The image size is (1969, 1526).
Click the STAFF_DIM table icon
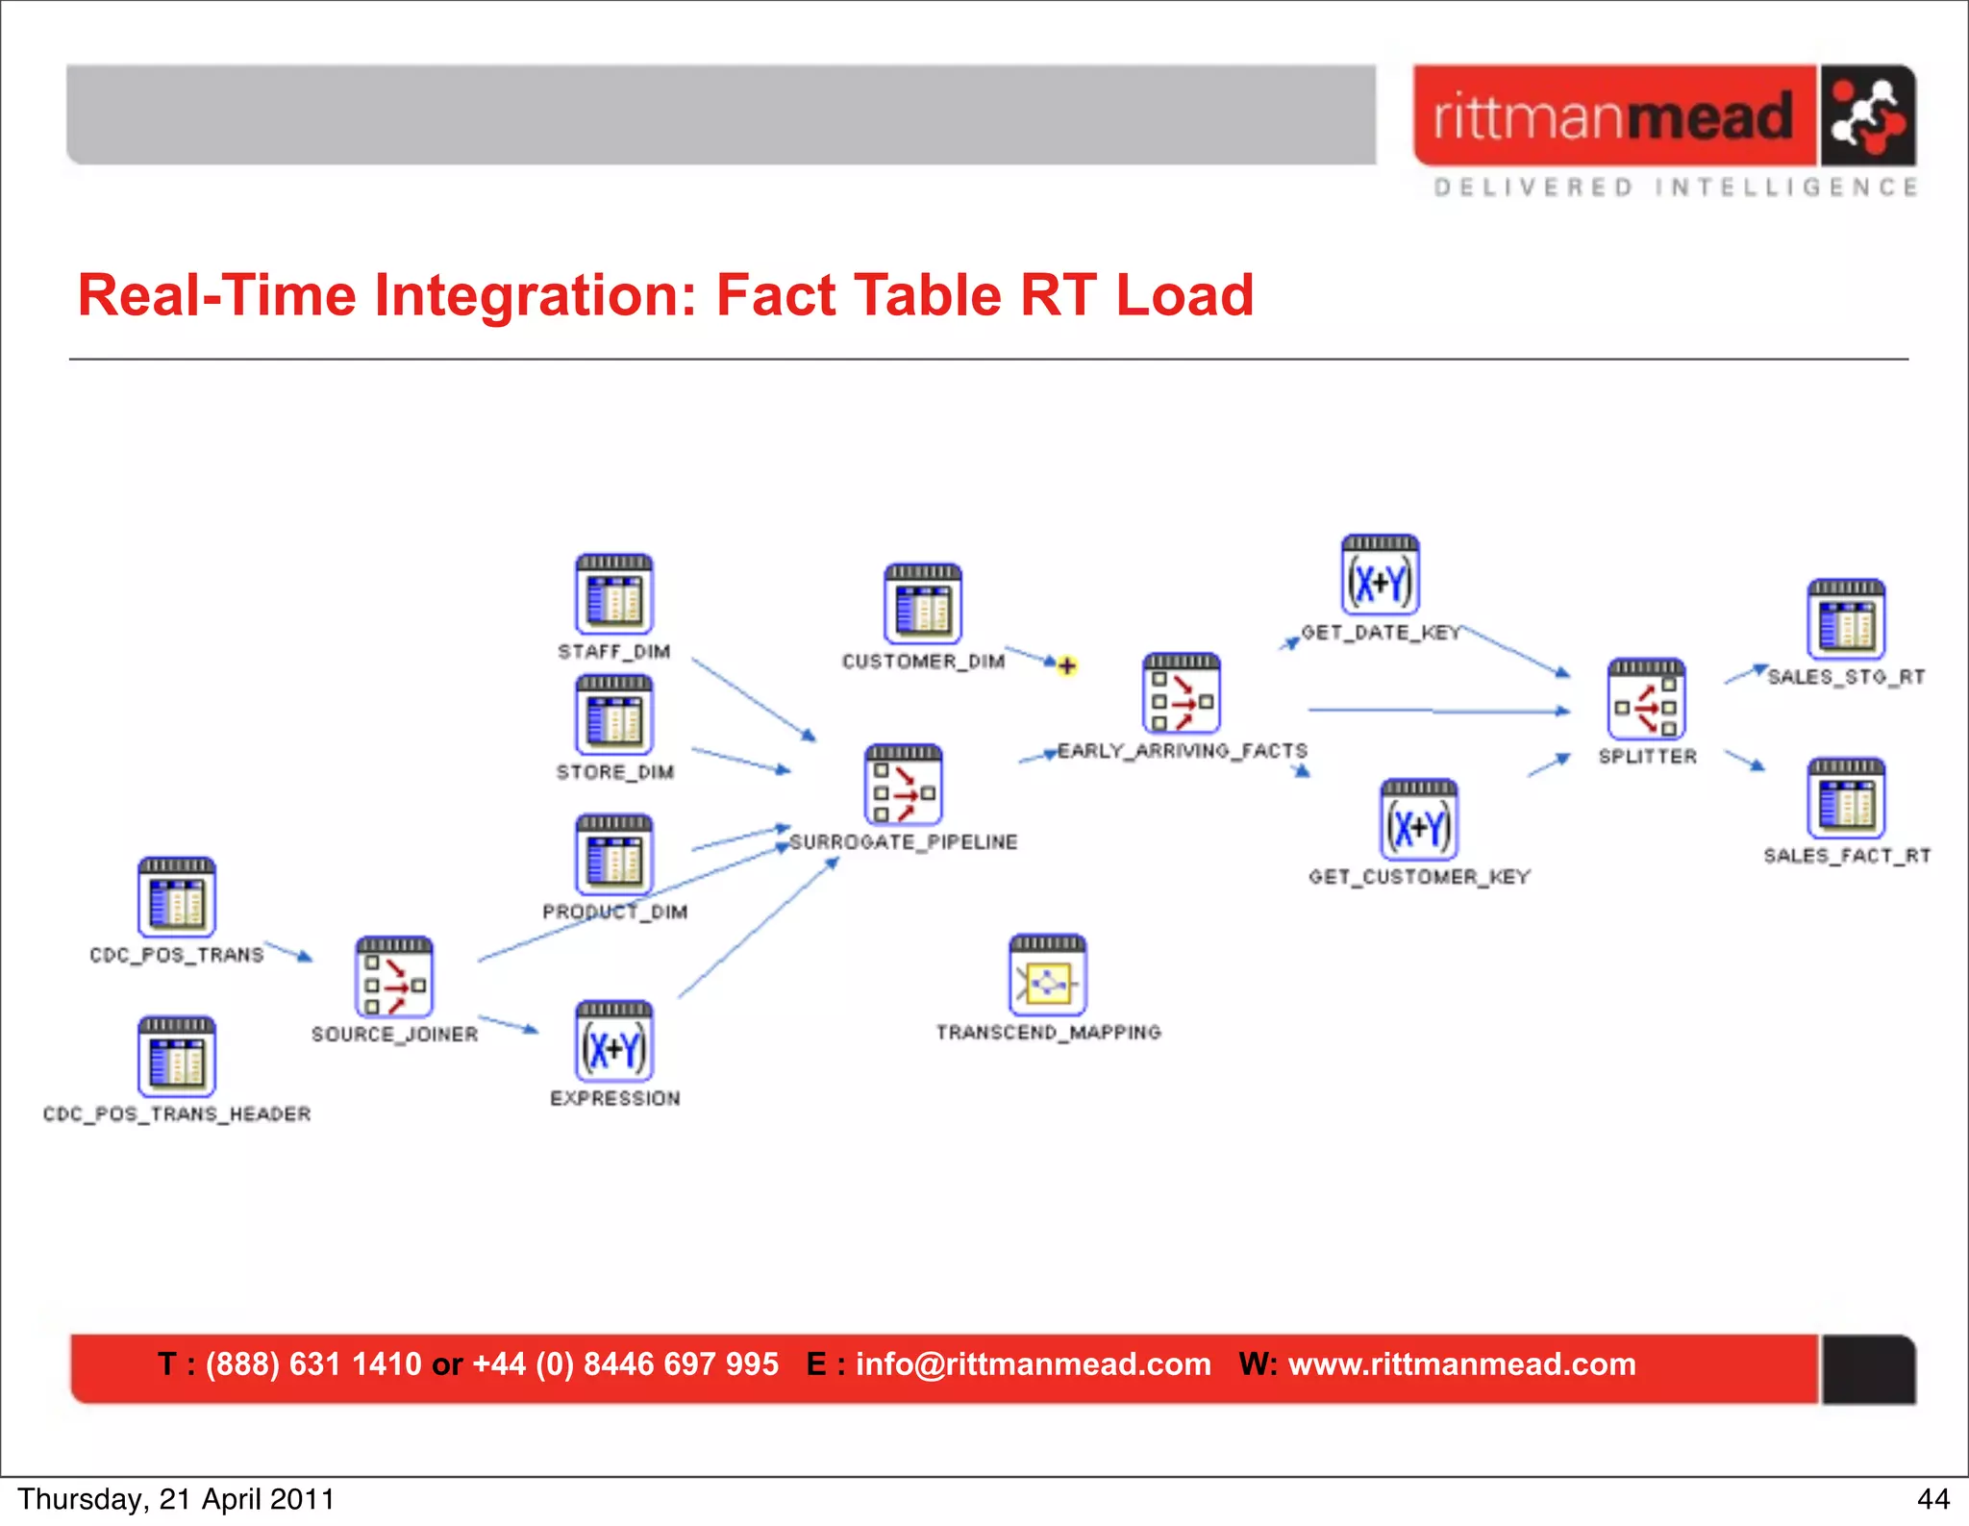click(x=614, y=595)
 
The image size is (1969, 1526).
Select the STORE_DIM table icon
click(x=614, y=715)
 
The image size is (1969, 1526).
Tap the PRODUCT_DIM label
click(x=614, y=912)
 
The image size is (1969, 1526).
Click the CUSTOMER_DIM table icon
click(x=922, y=605)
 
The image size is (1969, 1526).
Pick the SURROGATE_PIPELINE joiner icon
click(x=903, y=786)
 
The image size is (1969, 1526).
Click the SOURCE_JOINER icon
click(x=394, y=978)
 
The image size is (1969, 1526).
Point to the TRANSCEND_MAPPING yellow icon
click(x=1047, y=976)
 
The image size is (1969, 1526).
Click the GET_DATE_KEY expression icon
click(x=1380, y=576)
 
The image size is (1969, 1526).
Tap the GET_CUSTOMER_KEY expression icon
click(x=1418, y=820)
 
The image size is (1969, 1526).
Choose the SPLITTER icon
click(x=1646, y=700)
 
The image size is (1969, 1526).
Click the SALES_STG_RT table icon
click(x=1845, y=620)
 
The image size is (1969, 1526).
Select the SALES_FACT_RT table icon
click(x=1845, y=799)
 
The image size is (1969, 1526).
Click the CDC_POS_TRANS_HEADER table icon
click(x=176, y=1058)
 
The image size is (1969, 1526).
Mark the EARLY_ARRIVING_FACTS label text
click(x=1182, y=751)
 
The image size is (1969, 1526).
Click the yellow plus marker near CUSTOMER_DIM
click(x=1066, y=665)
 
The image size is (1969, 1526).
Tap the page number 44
click(x=1932, y=1499)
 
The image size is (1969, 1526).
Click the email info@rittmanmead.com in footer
click(x=1033, y=1364)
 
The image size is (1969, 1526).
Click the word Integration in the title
click(x=535, y=295)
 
